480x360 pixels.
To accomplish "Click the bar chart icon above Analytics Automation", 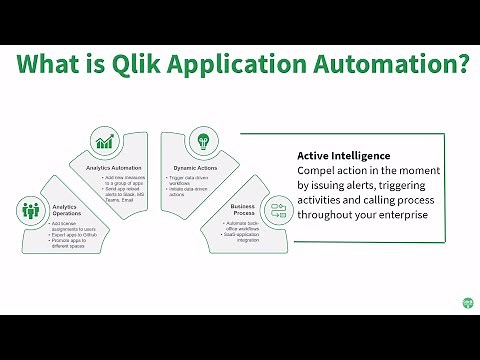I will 105,141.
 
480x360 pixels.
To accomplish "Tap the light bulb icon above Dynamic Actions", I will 204,141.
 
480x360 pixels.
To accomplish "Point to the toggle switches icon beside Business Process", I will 278,211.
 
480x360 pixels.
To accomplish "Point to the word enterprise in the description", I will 402,214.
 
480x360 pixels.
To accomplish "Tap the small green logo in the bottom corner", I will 467,301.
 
